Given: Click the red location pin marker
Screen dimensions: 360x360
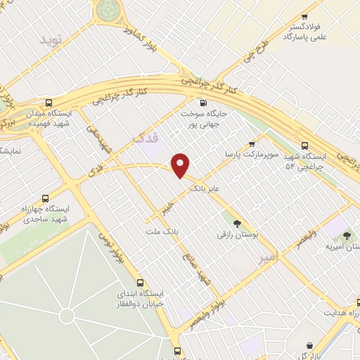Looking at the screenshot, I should point(181,165).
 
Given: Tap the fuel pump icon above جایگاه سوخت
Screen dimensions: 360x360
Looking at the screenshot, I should point(203,103).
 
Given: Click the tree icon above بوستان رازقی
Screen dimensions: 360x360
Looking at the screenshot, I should point(238,223).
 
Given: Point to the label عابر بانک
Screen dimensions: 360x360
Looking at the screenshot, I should point(205,188).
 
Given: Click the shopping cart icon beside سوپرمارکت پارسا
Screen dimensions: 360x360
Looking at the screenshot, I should point(252,144).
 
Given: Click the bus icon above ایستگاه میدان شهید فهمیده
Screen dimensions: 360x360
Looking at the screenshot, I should point(48,103).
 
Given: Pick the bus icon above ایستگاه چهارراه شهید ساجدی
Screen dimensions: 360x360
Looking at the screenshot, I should point(46,198).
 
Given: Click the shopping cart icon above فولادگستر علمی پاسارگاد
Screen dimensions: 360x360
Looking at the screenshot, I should point(304,17).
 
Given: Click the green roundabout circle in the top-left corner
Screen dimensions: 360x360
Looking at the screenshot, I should point(108,9).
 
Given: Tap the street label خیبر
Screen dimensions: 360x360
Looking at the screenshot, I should point(166,208).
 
